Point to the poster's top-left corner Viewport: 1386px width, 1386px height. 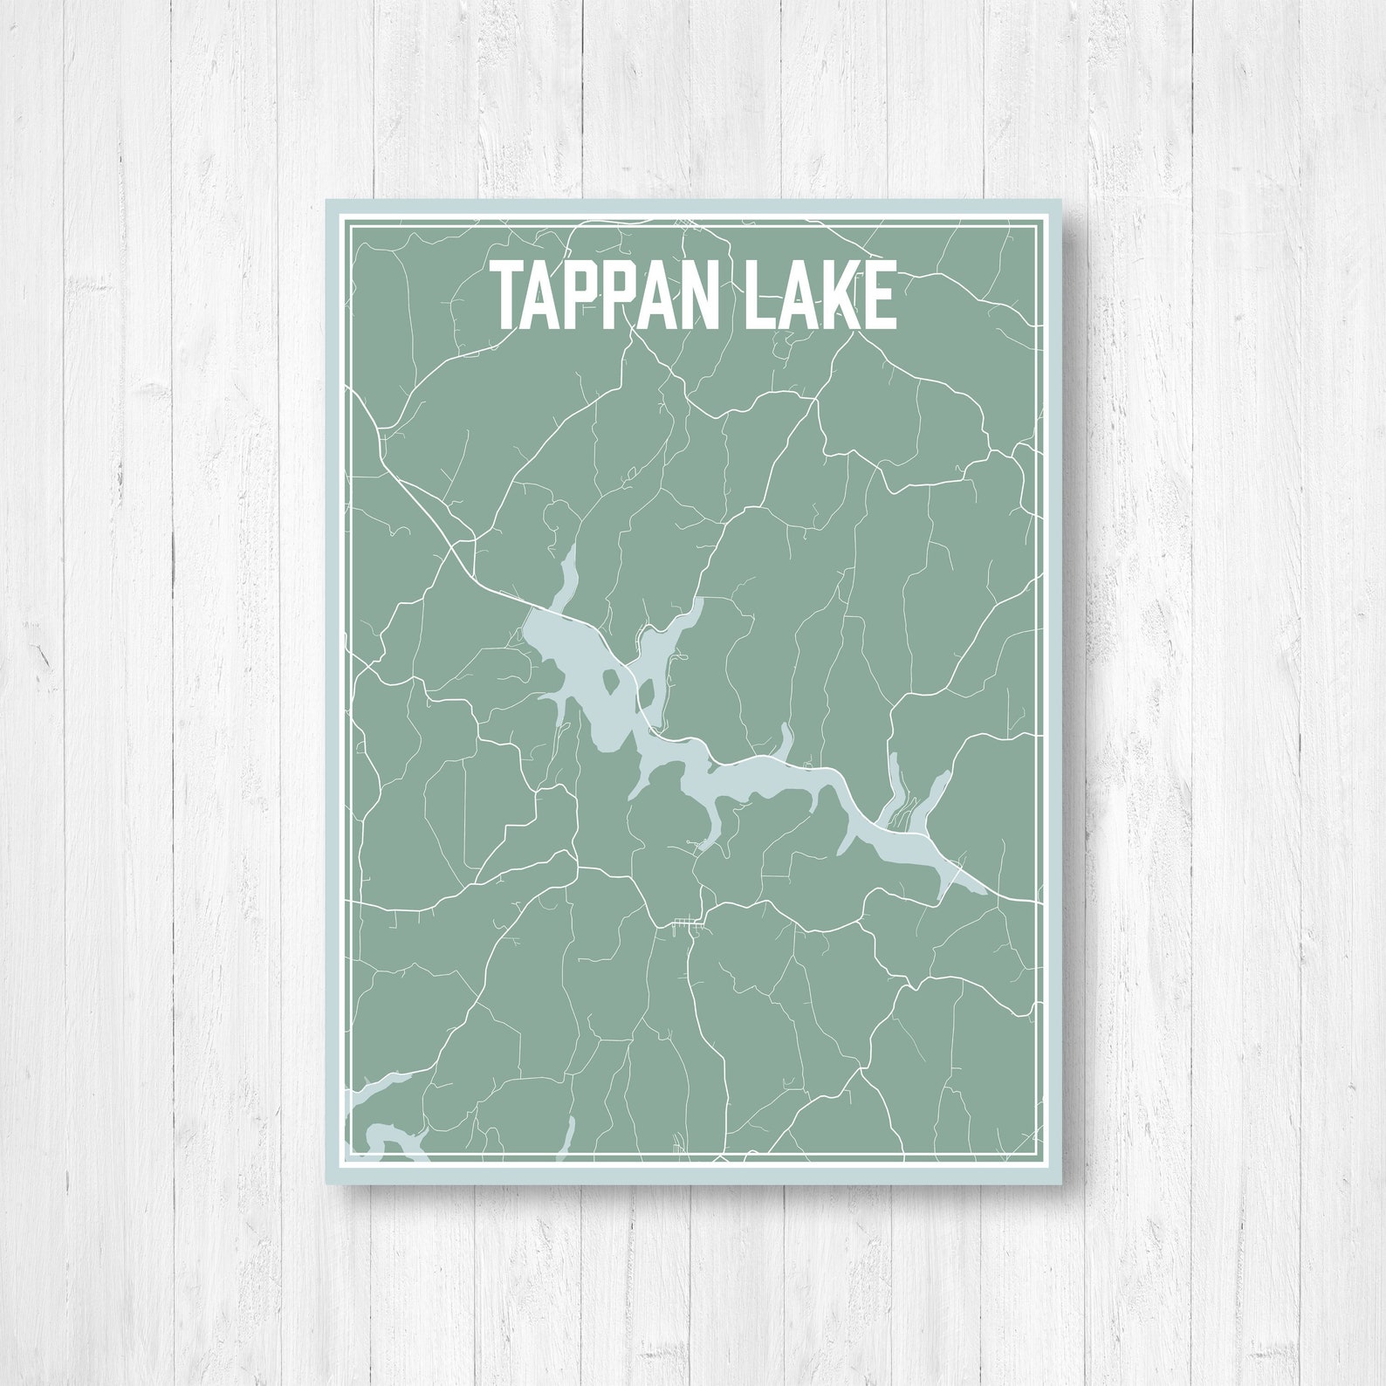[x=327, y=201]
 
